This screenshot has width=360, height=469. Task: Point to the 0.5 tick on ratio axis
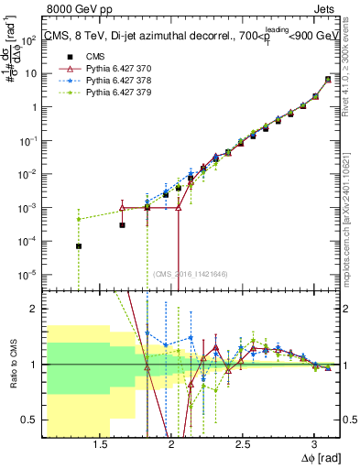click(34, 420)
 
